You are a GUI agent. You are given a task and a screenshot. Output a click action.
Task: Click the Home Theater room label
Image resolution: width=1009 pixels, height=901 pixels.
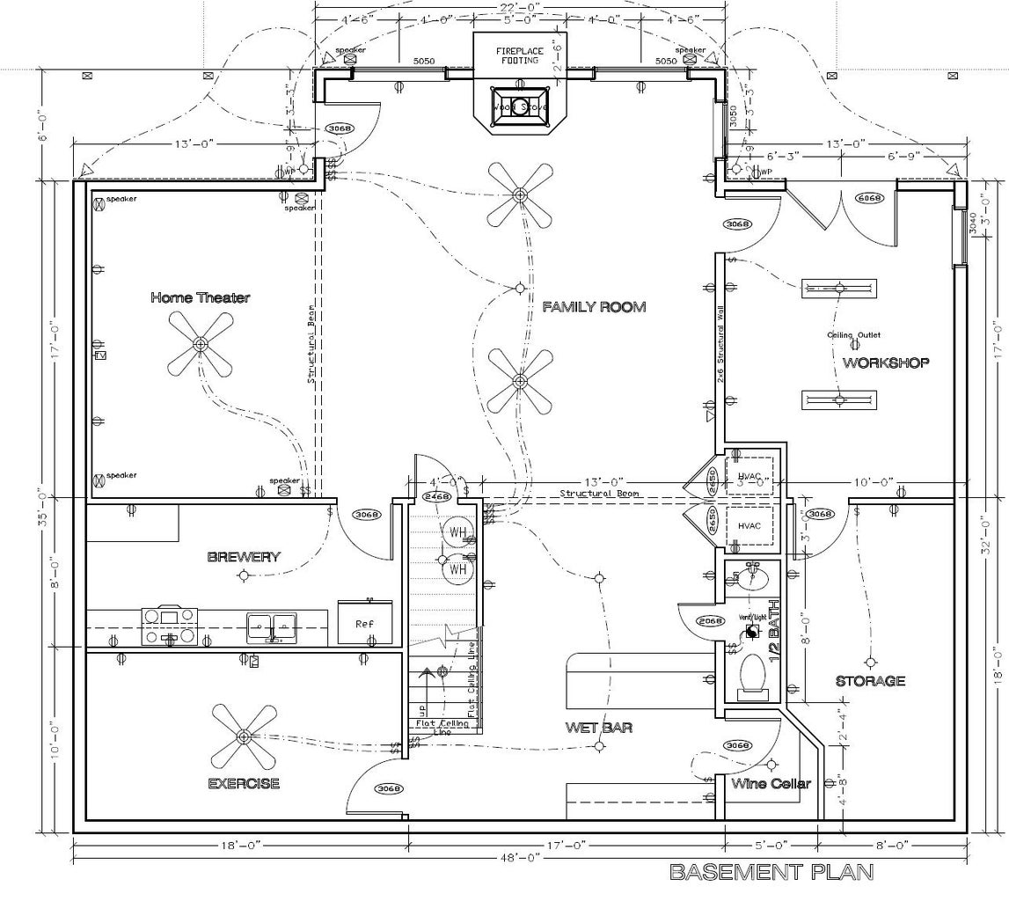[x=200, y=297]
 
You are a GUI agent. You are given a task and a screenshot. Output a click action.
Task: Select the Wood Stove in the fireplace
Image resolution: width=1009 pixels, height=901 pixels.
[x=519, y=106]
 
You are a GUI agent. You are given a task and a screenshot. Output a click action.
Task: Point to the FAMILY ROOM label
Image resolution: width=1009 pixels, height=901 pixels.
[x=594, y=307]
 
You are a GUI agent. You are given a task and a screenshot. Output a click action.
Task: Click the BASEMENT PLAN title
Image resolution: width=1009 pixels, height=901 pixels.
[x=771, y=873]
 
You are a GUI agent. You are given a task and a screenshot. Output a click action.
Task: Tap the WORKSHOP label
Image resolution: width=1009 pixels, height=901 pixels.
[x=886, y=363]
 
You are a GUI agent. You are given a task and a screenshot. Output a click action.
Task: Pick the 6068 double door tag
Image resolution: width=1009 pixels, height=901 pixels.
[x=869, y=198]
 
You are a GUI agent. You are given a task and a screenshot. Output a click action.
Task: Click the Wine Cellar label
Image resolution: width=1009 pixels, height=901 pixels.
[x=771, y=784]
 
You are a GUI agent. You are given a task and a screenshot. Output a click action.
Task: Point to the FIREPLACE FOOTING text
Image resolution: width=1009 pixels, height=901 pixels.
[x=519, y=55]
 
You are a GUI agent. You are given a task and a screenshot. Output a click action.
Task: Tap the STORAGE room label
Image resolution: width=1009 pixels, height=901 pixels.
[x=870, y=680]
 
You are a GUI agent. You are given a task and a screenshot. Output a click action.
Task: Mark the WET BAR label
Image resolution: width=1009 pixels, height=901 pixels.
[x=599, y=728]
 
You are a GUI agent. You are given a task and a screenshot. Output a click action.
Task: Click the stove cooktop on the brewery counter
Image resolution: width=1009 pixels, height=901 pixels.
[x=170, y=626]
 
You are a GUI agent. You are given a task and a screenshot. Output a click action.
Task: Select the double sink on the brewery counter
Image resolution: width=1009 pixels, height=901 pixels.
[x=272, y=626]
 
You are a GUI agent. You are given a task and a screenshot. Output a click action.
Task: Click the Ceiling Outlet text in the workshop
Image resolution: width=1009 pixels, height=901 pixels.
[x=852, y=335]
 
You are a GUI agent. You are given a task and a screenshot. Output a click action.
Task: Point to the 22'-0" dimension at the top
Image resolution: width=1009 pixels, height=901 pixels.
[x=519, y=6]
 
